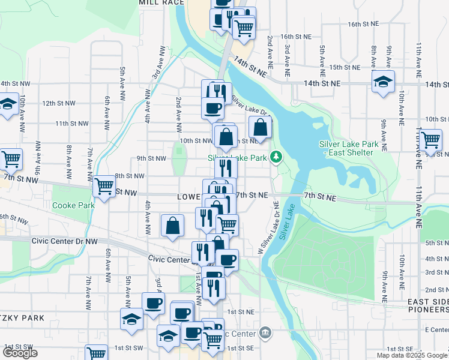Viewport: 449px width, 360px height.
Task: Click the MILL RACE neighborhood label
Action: pyautogui.click(x=161, y=3)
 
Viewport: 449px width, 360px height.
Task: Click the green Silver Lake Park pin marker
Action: pyautogui.click(x=276, y=157)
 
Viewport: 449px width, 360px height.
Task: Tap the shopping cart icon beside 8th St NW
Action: pyautogui.click(x=104, y=187)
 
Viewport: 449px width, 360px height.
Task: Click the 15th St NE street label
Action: pyautogui.click(x=344, y=67)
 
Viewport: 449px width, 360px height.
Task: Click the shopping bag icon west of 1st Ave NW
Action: pyautogui.click(x=172, y=226)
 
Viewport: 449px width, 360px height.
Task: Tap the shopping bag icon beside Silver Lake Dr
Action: pyautogui.click(x=260, y=127)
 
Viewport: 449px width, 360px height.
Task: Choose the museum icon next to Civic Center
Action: pyautogui.click(x=265, y=333)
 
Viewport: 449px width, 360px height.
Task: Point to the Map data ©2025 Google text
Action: pyautogui.click(x=411, y=355)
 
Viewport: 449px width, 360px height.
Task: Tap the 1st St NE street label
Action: pyautogui.click(x=241, y=312)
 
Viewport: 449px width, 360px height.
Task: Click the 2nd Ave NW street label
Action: pyautogui.click(x=178, y=107)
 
